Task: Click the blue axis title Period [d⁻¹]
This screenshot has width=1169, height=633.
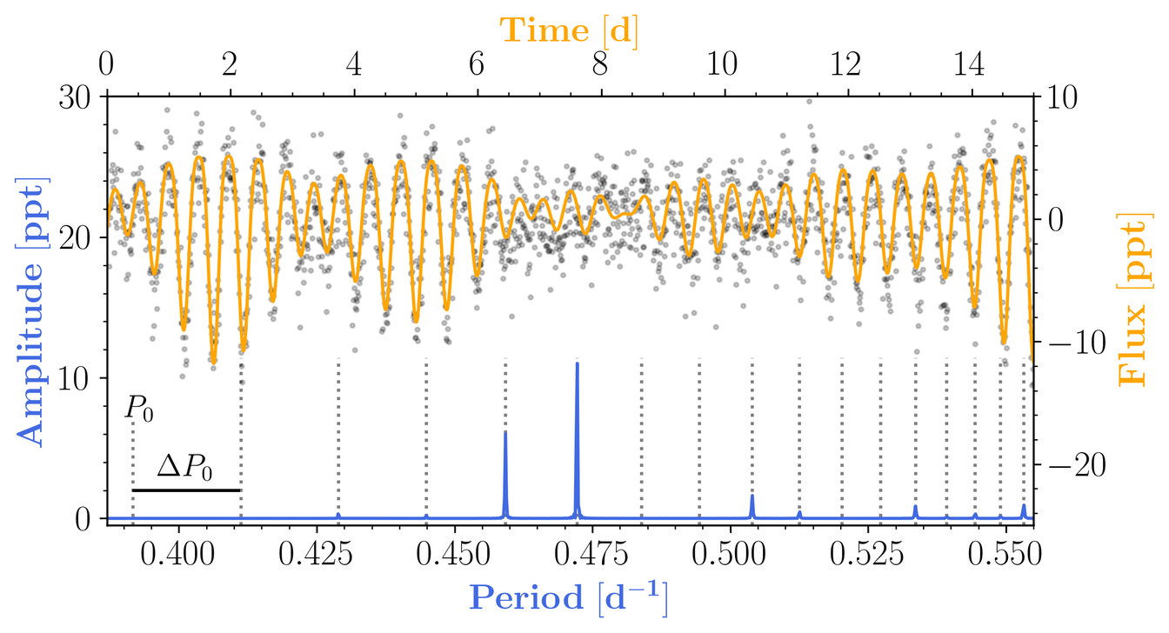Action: tap(569, 598)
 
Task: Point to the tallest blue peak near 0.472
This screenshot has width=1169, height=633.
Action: tap(577, 365)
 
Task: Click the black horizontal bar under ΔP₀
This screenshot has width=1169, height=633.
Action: tap(185, 490)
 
